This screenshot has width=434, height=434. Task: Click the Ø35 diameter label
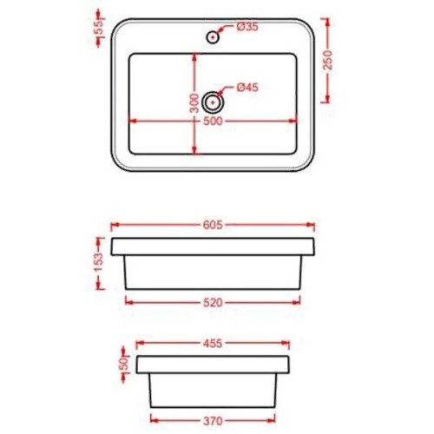click(x=247, y=27)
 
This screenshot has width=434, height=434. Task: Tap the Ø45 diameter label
click(x=247, y=87)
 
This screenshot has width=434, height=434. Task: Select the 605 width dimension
click(x=213, y=225)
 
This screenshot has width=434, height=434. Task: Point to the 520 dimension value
click(x=213, y=303)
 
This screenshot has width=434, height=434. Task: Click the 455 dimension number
click(x=213, y=344)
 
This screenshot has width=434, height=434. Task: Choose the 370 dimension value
click(x=213, y=421)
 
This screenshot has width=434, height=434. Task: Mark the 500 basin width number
click(x=213, y=121)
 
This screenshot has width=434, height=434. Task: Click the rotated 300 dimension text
click(x=194, y=103)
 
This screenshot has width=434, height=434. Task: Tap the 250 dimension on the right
click(x=328, y=60)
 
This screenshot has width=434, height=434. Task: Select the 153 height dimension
click(x=99, y=263)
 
